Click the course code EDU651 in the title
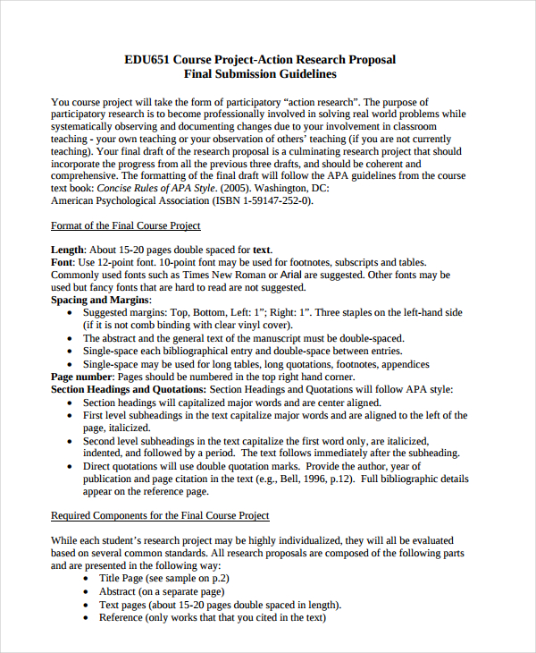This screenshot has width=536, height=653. point(149,59)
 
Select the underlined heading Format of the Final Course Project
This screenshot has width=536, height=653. point(126,225)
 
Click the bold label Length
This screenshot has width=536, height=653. point(68,250)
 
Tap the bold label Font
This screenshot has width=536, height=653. point(62,262)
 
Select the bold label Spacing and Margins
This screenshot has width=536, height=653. point(95,301)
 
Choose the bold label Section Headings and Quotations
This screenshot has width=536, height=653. point(128,389)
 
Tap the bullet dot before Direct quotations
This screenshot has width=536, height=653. point(71,467)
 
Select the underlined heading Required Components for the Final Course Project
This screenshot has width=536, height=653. point(160,516)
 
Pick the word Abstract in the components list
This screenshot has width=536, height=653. point(118,591)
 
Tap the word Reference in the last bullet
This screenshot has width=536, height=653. point(121,617)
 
